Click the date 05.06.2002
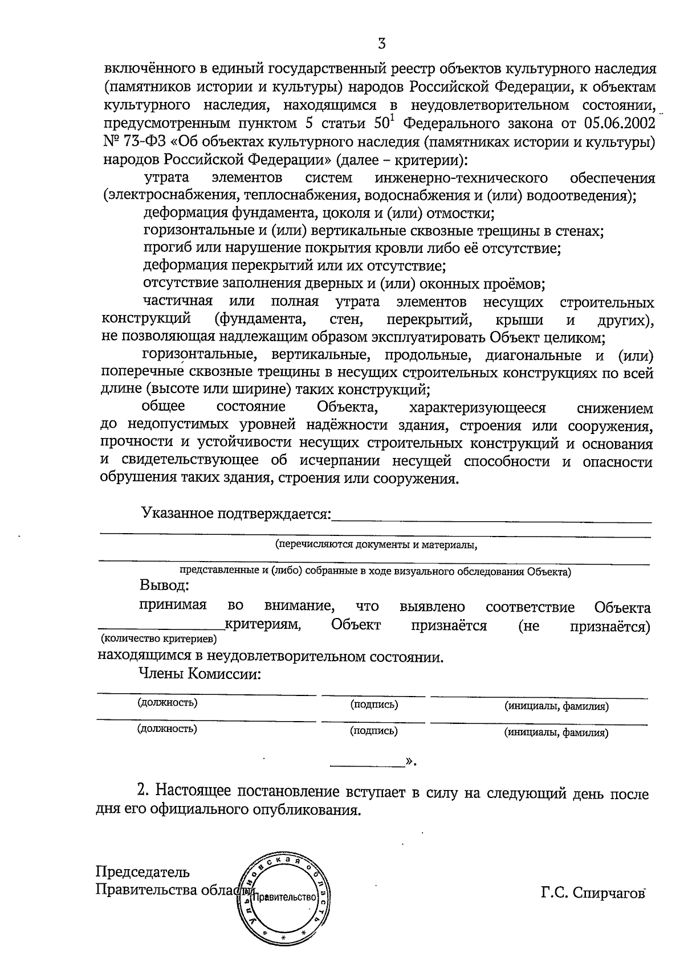tap(620, 124)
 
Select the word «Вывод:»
tap(164, 586)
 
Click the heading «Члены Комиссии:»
tap(201, 674)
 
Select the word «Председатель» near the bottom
tap(142, 872)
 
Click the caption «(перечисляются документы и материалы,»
tap(376, 545)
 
